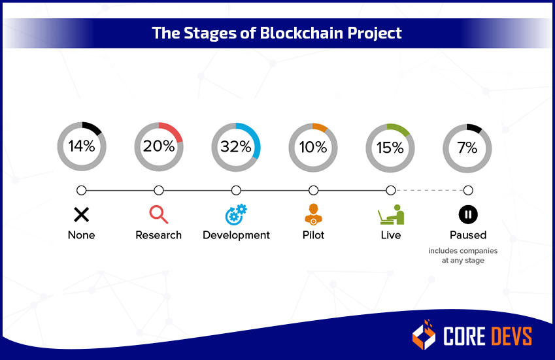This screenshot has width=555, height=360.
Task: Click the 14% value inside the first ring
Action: pos(82,146)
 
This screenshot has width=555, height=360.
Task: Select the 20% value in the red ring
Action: pos(159,146)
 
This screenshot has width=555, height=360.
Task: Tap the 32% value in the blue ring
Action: pos(236,146)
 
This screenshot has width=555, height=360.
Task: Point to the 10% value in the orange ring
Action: pos(313,147)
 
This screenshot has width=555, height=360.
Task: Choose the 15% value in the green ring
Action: pos(390,147)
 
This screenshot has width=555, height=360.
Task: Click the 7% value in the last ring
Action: pos(467,147)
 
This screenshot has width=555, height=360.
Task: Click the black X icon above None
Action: pos(81,214)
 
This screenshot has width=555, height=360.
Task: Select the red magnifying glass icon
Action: pos(158,214)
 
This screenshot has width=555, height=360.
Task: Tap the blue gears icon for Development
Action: pos(236,214)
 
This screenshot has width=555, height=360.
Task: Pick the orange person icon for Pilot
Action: pos(313,214)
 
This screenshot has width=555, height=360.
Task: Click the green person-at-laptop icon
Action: pos(390,214)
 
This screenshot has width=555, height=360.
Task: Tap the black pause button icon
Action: pos(467,214)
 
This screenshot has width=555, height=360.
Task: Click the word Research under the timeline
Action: pos(158,235)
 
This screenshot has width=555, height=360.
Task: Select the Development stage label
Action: pos(236,235)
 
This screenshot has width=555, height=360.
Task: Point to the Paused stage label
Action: pos(467,235)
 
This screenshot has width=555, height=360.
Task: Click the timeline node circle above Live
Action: pos(391,190)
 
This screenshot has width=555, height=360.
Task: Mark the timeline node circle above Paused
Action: pos(468,190)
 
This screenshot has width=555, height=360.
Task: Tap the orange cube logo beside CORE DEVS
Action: pos(424,335)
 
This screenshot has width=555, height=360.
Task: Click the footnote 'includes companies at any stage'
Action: pos(463,255)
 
